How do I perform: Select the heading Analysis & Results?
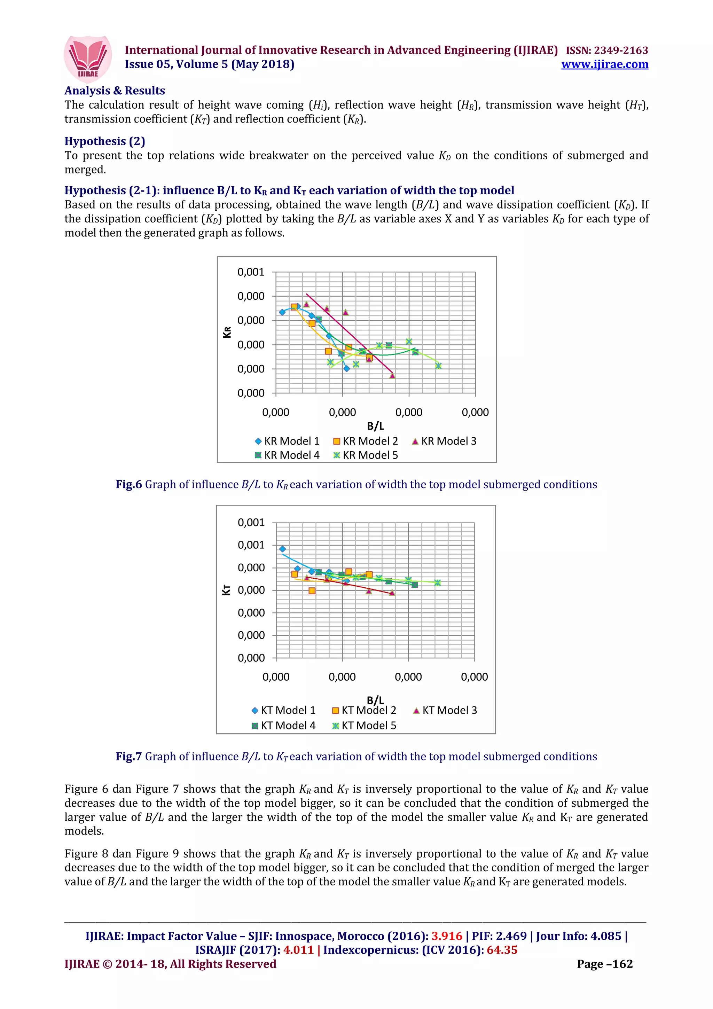coord(115,91)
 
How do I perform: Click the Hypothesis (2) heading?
coord(104,141)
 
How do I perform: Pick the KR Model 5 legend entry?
coord(366,455)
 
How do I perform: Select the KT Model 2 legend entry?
coord(364,710)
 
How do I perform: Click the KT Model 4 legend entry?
coord(283,726)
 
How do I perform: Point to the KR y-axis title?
coord(227,332)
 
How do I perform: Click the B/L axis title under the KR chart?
coord(375,426)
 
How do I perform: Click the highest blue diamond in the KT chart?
coord(282,549)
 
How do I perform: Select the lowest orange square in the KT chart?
coord(312,590)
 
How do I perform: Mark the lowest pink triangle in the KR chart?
coord(392,375)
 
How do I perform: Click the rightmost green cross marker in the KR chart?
coord(438,366)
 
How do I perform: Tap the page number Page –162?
coord(604,964)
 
